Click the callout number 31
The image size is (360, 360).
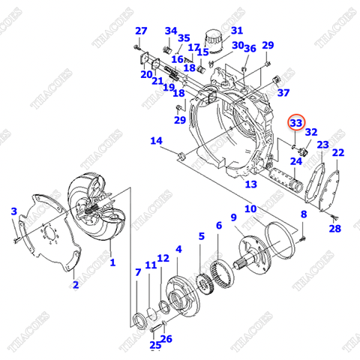point(237,31)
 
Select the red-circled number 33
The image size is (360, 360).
point(296,122)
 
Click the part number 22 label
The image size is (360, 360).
point(338,153)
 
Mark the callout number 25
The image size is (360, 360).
point(155,345)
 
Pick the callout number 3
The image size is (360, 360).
point(13,212)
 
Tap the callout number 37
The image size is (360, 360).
point(283,93)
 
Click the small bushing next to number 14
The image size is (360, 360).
point(181,156)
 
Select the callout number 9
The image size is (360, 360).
point(234,218)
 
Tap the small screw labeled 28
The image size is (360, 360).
point(331,217)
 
